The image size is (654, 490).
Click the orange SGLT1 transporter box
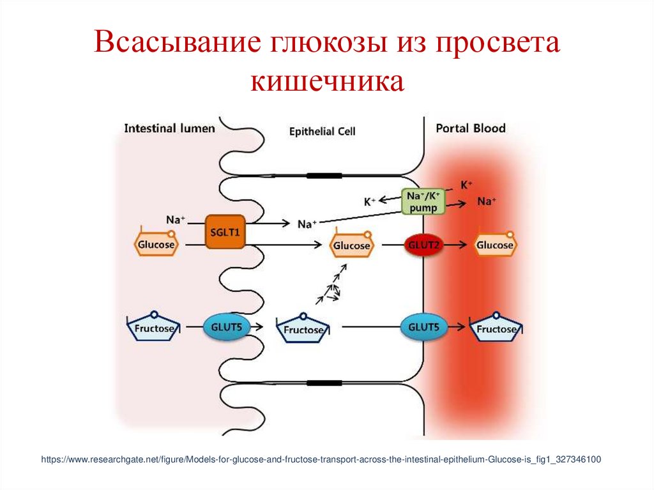pyautogui.click(x=225, y=233)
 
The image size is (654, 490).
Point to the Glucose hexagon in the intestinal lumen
pyautogui.click(x=156, y=245)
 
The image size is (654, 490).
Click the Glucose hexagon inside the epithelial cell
pyautogui.click(x=351, y=246)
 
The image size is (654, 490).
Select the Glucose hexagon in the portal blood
pyautogui.click(x=495, y=245)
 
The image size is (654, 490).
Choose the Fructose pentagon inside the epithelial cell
pyautogui.click(x=303, y=330)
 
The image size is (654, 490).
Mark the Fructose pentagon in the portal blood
pyautogui.click(x=496, y=329)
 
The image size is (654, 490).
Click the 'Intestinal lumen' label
pyautogui.click(x=169, y=128)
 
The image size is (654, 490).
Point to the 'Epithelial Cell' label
pyautogui.click(x=323, y=132)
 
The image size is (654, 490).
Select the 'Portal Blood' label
pyautogui.click(x=470, y=128)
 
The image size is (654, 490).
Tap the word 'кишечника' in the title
pyautogui.click(x=326, y=82)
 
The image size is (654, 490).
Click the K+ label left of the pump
pyautogui.click(x=370, y=202)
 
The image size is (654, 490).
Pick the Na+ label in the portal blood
pyautogui.click(x=487, y=201)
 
